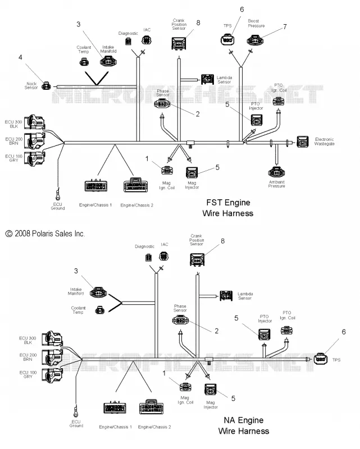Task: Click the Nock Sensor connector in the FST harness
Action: (x=46, y=86)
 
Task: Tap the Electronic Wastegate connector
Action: (x=303, y=142)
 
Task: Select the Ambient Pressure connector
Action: (x=276, y=172)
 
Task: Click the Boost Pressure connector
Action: (x=255, y=40)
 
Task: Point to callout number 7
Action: (x=285, y=26)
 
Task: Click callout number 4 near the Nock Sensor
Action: (x=20, y=57)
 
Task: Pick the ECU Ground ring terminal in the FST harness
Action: (x=58, y=195)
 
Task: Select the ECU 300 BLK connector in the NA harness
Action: (x=52, y=339)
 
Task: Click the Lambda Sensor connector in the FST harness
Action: (x=207, y=79)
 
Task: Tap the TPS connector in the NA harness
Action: (x=321, y=359)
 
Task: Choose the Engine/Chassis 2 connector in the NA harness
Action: (x=151, y=407)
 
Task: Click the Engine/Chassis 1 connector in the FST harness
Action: (x=96, y=186)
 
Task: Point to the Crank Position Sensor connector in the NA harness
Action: (x=197, y=260)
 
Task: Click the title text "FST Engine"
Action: (x=228, y=203)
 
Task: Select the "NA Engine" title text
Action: (x=244, y=420)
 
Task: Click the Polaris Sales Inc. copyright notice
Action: (x=45, y=233)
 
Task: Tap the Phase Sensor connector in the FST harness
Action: (x=162, y=104)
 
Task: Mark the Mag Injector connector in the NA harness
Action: (x=211, y=390)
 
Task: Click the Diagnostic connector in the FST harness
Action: (x=128, y=41)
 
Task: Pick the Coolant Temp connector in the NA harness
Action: (x=100, y=310)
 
